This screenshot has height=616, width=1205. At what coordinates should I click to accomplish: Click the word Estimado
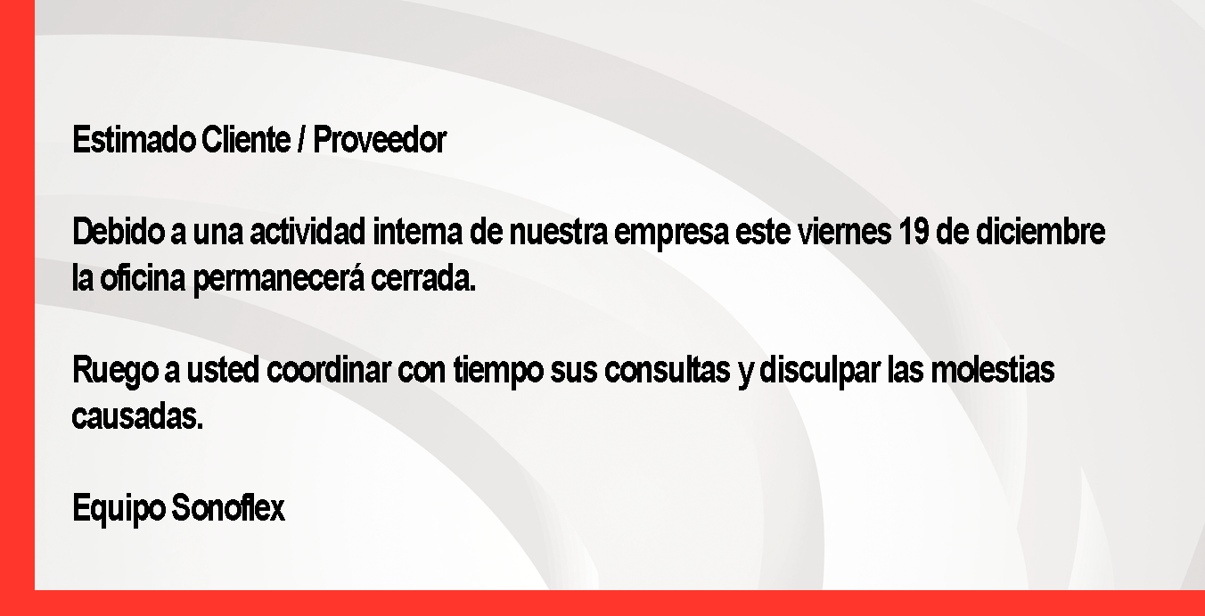point(134,140)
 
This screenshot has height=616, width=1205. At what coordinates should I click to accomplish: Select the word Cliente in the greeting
point(246,140)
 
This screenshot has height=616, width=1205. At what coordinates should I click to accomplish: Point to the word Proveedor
point(380,140)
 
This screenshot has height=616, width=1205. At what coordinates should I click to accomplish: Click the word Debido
point(119,232)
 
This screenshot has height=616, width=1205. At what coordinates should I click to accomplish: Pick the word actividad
point(307,232)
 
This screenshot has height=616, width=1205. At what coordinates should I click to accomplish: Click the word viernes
point(844,232)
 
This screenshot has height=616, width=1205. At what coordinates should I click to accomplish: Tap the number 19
point(914,232)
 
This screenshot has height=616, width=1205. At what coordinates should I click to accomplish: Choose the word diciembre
point(1040,232)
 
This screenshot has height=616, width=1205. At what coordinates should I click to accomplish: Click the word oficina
point(143,278)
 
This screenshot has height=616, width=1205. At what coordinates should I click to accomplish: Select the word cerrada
point(423,278)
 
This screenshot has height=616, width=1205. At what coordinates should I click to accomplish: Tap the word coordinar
point(329,370)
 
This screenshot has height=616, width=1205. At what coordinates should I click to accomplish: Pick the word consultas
point(668,370)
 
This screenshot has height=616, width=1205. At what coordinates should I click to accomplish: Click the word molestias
point(993,370)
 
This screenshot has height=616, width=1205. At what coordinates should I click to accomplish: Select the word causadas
point(138,416)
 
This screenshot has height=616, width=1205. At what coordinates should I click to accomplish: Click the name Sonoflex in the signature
point(228,508)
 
